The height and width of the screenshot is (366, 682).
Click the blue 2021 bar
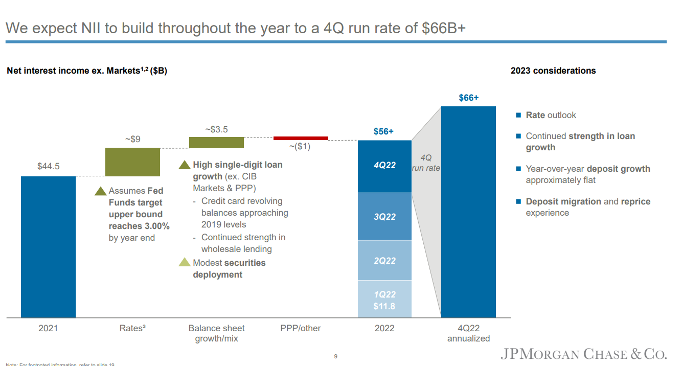pyautogui.click(x=48, y=247)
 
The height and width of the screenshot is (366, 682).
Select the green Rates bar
pyautogui.click(x=132, y=162)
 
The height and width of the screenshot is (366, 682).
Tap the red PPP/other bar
pyautogui.click(x=301, y=138)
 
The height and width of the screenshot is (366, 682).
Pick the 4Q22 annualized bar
pyautogui.click(x=468, y=212)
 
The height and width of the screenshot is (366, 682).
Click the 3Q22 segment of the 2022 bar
pyautogui.click(x=384, y=216)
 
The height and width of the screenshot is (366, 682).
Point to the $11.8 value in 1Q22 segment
pyautogui.click(x=384, y=307)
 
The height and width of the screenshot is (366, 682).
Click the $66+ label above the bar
pyautogui.click(x=468, y=98)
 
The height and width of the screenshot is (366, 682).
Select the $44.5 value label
pyautogui.click(x=49, y=166)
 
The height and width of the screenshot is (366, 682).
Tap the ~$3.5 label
pyautogui.click(x=216, y=129)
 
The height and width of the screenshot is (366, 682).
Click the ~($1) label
pyautogui.click(x=300, y=147)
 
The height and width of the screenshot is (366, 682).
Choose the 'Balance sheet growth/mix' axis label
pyautogui.click(x=216, y=333)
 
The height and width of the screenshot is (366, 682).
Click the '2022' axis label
pyautogui.click(x=384, y=328)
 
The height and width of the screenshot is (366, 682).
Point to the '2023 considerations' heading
pyautogui.click(x=553, y=71)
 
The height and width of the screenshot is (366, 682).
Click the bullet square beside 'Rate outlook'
pyautogui.click(x=518, y=116)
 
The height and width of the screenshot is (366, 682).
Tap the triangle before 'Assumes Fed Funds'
pyautogui.click(x=101, y=191)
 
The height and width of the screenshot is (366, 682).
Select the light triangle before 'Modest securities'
pyautogui.click(x=184, y=263)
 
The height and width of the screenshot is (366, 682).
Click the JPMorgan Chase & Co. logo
pyautogui.click(x=583, y=354)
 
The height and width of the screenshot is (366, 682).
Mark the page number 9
pyautogui.click(x=335, y=356)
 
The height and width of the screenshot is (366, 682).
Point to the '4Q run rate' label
pyautogui.click(x=425, y=163)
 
